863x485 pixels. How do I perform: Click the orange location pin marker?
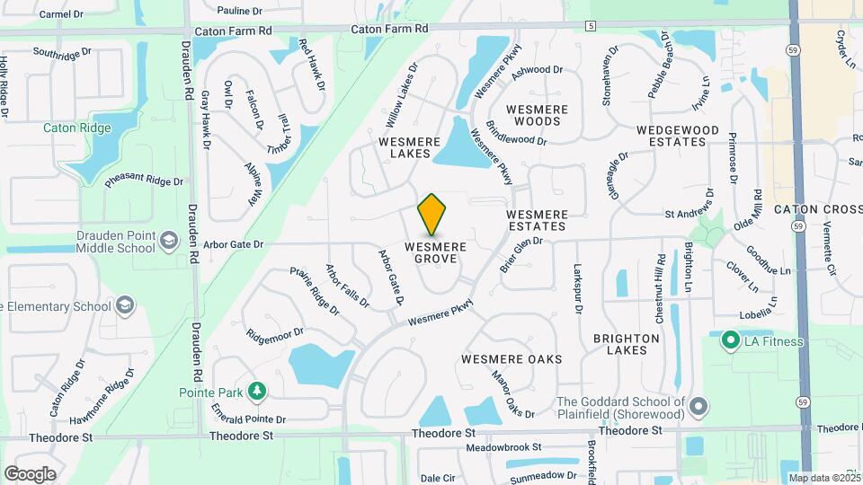click(x=432, y=215)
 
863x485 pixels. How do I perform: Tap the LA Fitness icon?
click(x=731, y=340)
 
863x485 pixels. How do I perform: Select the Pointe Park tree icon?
click(x=257, y=391)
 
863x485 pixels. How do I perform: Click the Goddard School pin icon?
click(x=698, y=409)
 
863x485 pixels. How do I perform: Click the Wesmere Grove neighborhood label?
click(x=435, y=252)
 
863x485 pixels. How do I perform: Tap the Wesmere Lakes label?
click(x=410, y=148)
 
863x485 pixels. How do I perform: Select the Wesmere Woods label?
click(x=538, y=115)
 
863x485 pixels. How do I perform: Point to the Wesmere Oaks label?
click(x=512, y=359)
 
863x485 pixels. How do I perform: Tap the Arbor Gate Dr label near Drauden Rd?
click(x=233, y=243)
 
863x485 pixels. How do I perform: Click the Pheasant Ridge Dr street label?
click(x=144, y=181)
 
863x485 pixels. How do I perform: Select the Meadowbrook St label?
click(x=504, y=447)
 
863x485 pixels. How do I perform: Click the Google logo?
click(x=30, y=474)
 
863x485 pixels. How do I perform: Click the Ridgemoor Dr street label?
click(x=275, y=334)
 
